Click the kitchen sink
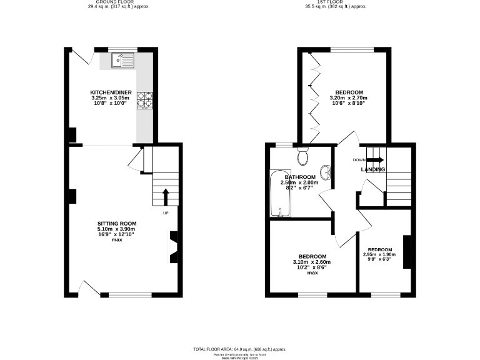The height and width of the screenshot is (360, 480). click(123, 61)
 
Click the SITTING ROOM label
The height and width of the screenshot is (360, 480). click(116, 224)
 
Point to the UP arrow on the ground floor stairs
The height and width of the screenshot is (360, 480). click(166, 197)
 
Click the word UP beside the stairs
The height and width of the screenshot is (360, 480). click(166, 214)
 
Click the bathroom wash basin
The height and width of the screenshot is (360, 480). click(326, 171)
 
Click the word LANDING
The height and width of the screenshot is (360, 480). click(372, 169)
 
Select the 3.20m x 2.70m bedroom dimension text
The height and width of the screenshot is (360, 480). click(348, 97)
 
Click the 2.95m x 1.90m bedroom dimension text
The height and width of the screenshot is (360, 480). click(380, 254)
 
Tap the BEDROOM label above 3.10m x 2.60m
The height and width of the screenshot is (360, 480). click(312, 257)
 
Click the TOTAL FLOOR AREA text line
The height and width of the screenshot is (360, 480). click(240, 348)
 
